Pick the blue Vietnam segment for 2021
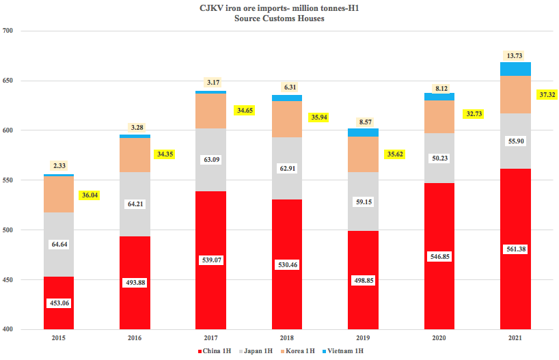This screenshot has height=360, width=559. coord(515,68)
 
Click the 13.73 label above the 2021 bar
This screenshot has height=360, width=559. coord(515,55)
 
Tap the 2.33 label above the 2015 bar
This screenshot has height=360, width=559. coord(59,165)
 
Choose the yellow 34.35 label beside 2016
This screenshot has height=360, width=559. coord(165,154)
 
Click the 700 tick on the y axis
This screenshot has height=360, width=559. coord(10,31)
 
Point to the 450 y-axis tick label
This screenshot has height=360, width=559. coord(10,280)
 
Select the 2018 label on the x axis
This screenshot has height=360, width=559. coord(287,337)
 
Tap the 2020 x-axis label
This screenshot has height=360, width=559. coord(439,337)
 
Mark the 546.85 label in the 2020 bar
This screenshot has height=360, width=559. coord(439,256)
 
